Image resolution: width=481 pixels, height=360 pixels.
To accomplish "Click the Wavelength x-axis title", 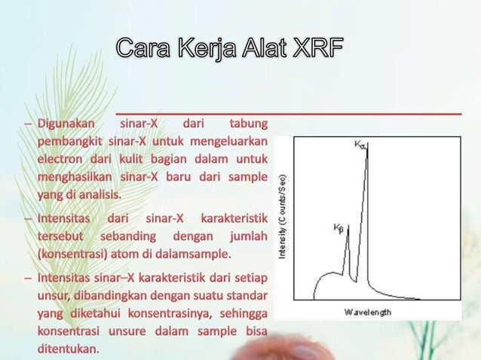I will (368, 311).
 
